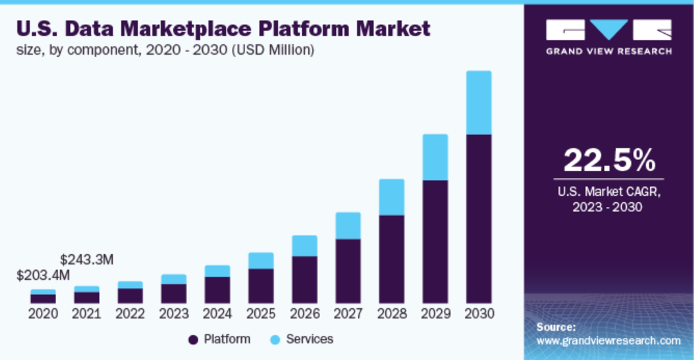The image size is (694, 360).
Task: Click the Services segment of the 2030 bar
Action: coord(479,102)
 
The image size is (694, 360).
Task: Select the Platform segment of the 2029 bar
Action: coord(435,242)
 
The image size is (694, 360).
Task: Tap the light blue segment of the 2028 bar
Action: coord(391,197)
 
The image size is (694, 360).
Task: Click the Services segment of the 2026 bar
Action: coord(304,246)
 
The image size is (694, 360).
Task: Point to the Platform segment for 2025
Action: coord(260,286)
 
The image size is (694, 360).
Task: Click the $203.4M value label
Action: coord(43,276)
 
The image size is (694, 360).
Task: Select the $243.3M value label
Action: coord(87,260)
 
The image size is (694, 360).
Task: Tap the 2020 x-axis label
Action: coord(43,314)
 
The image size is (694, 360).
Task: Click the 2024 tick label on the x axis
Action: coord(217,314)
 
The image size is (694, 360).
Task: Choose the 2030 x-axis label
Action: coord(479,314)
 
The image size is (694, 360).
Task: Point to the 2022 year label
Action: coord(130,314)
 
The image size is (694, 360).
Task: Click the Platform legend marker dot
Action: coord(193,339)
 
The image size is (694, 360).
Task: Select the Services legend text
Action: coord(310,339)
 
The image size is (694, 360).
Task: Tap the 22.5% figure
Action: coord(609,161)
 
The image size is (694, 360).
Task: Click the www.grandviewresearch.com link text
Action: coord(609,341)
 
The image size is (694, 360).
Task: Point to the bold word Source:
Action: coord(556,326)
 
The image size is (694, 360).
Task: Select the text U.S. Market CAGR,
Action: coord(609,192)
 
